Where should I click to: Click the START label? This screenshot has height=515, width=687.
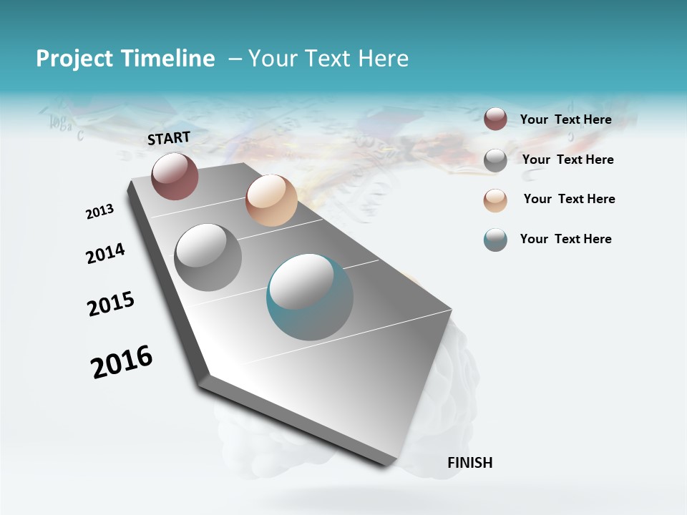(169, 138)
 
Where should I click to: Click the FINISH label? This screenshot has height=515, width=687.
(470, 463)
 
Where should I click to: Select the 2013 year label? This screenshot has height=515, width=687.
(99, 212)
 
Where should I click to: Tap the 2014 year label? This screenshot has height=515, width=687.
(105, 253)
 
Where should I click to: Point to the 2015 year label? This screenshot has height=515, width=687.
(111, 304)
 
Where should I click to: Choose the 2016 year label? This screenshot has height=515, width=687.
(122, 361)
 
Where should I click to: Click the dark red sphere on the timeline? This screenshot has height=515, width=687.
(175, 177)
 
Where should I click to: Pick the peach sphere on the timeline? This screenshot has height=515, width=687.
(271, 200)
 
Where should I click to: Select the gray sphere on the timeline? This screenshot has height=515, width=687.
(208, 257)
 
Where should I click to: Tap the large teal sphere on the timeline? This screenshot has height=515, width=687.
(309, 297)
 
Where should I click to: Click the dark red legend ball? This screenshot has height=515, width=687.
(495, 119)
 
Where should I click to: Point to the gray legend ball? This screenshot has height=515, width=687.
(495, 160)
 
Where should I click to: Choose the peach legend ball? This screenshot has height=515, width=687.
(495, 200)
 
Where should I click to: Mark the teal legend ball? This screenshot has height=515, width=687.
(495, 240)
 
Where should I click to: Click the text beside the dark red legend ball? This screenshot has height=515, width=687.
(566, 119)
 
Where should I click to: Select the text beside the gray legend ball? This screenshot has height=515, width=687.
(568, 160)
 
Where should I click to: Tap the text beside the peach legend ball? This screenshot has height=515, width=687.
(570, 199)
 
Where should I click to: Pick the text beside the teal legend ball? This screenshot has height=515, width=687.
(566, 239)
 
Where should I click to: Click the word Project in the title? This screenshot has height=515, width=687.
(74, 59)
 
